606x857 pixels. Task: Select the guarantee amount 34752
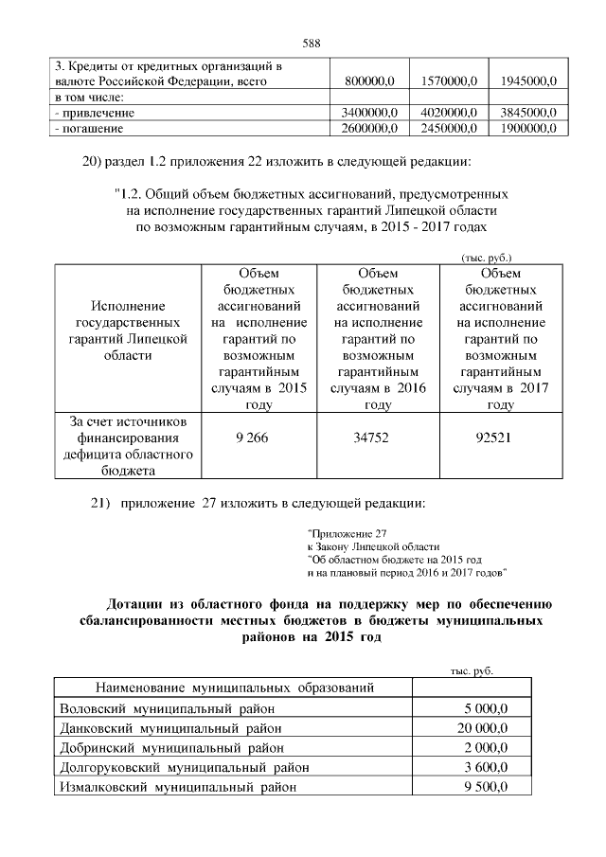tap(378, 438)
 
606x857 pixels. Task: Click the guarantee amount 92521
tap(500, 438)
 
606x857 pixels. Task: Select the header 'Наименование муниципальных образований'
tap(232, 687)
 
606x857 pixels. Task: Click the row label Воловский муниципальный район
tap(168, 707)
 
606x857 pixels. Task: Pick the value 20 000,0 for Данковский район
tap(484, 727)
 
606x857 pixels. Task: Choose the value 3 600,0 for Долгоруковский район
tap(487, 767)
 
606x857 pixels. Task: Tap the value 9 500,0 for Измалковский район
tap(487, 787)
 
